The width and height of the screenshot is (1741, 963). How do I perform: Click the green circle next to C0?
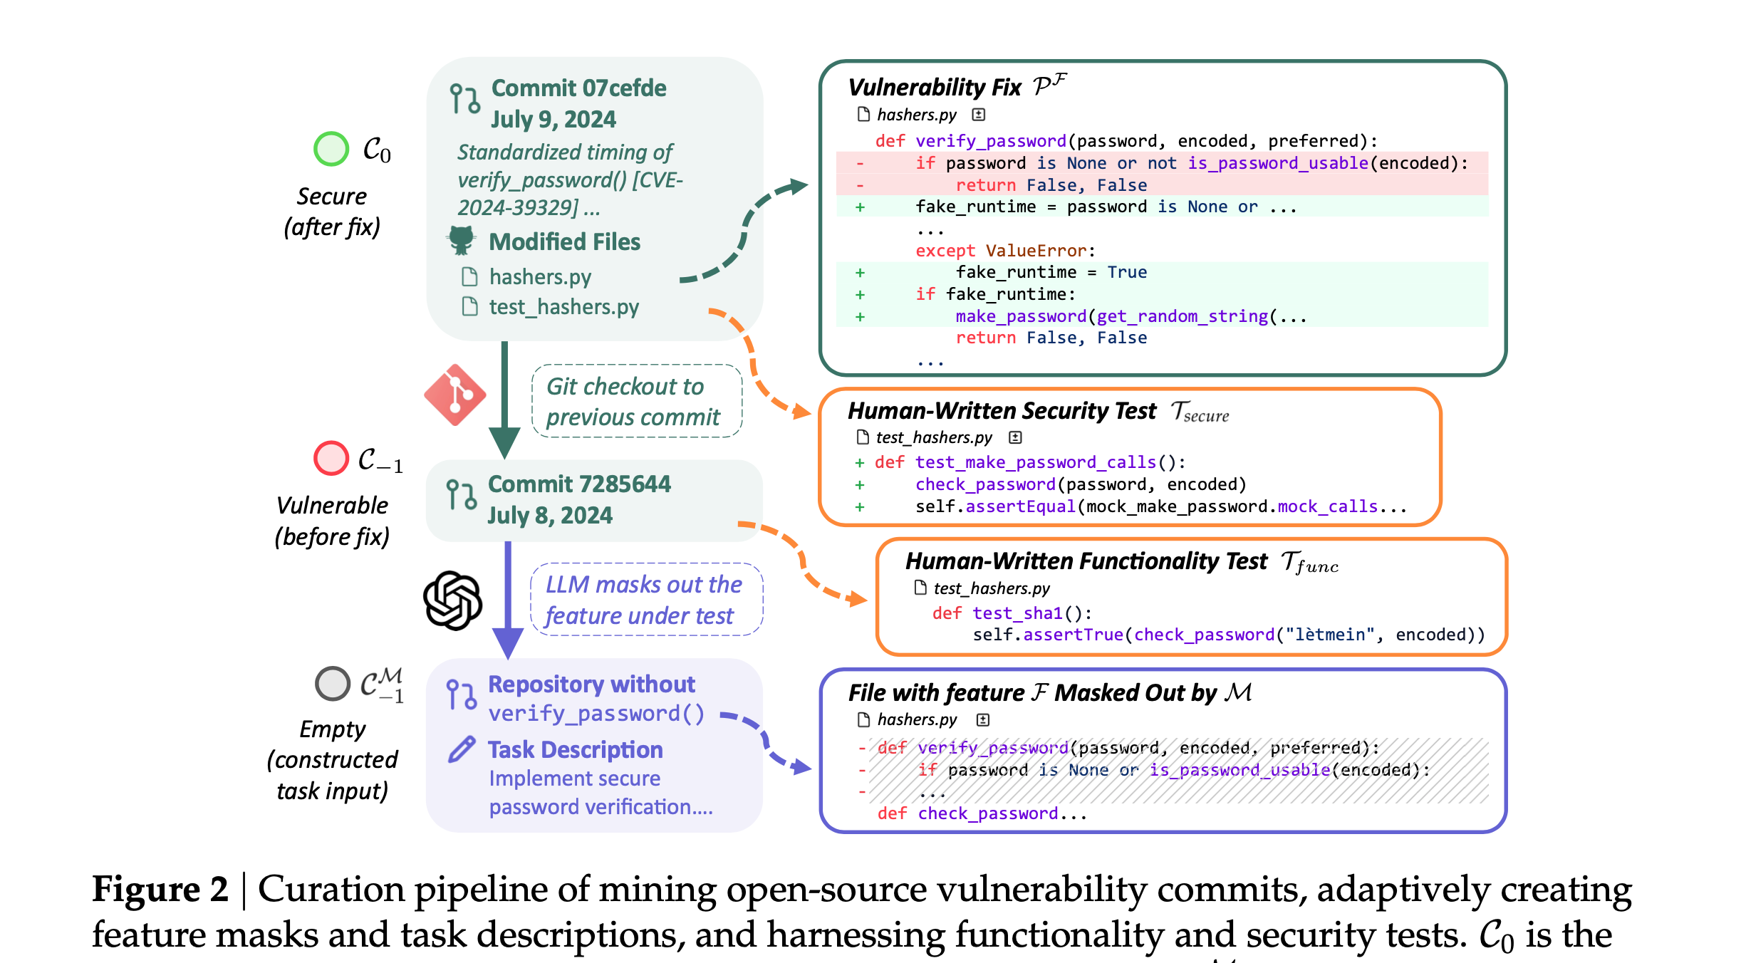(331, 149)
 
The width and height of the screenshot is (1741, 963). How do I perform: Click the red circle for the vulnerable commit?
(331, 458)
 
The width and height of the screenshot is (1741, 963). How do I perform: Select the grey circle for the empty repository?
(333, 684)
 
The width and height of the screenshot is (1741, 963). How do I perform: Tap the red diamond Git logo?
(455, 395)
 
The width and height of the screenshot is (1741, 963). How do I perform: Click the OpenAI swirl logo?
(453, 600)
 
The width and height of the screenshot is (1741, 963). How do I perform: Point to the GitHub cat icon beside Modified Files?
(462, 241)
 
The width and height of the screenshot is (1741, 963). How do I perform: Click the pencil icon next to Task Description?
(462, 749)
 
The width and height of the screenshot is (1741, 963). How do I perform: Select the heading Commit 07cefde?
(578, 88)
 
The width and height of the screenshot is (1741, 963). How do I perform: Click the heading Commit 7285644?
(578, 484)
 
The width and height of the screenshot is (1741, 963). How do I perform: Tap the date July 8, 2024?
(549, 515)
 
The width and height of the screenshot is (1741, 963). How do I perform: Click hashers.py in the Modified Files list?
(540, 276)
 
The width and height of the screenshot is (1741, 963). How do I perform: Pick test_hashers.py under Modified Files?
(563, 307)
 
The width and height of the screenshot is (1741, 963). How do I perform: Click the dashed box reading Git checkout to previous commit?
(636, 402)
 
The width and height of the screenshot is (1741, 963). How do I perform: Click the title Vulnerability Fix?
(935, 88)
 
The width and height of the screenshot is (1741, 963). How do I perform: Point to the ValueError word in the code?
(1036, 251)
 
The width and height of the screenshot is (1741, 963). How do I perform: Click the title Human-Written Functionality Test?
(1086, 561)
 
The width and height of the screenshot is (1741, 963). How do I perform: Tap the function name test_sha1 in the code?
(1017, 613)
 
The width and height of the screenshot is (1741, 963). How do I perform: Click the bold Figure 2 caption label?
(160, 890)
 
